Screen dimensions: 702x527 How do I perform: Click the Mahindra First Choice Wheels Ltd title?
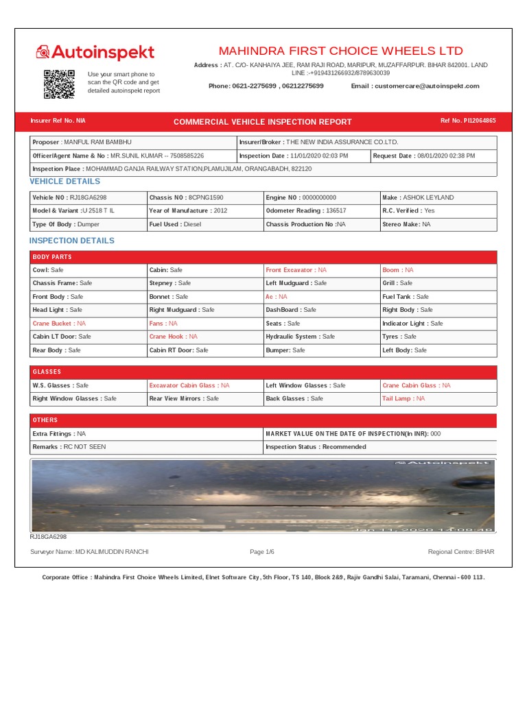point(340,51)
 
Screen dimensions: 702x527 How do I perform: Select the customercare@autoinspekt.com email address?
point(415,86)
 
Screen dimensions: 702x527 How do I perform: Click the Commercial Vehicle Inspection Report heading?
point(262,121)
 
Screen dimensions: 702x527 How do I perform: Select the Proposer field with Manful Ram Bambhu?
point(132,142)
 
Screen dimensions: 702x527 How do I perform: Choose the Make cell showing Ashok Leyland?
point(437,197)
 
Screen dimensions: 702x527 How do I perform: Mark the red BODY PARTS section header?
point(263,257)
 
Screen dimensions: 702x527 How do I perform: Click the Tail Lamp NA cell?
point(437,398)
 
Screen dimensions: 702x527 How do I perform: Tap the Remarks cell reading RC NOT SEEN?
point(145,446)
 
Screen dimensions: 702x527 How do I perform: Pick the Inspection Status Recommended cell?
point(379,446)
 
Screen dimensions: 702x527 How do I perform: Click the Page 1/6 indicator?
point(262,552)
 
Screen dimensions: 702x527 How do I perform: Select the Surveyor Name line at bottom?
point(89,552)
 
